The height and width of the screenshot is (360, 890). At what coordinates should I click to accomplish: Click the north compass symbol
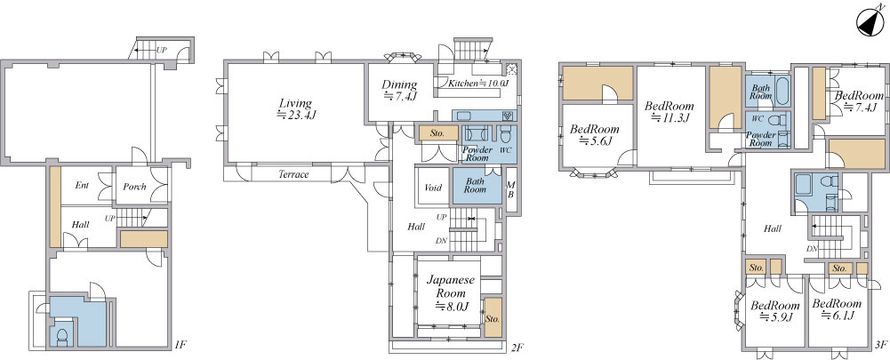point(871,23)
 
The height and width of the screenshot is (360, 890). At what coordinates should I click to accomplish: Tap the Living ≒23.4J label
point(295,109)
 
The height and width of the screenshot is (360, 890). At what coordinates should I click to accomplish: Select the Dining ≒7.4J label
point(400,91)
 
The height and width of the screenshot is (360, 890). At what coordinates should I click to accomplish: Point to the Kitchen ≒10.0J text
point(478,84)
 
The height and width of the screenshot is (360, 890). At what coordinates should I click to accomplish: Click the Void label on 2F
point(433,188)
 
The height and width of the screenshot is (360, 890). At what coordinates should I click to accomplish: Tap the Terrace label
point(293,174)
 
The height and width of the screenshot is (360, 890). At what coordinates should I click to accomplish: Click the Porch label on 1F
point(134,187)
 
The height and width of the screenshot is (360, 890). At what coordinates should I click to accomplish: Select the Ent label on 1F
point(83,185)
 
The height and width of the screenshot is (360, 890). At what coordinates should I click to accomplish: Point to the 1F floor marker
point(180,344)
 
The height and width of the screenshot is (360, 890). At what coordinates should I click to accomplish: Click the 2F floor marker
point(516,345)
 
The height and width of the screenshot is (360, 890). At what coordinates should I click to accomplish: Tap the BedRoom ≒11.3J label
point(670,112)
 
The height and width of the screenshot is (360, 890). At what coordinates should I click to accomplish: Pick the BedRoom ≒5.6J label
point(594,135)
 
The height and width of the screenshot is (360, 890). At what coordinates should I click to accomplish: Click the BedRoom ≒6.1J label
point(837,309)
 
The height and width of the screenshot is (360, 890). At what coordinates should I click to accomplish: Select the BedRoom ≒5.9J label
point(774,311)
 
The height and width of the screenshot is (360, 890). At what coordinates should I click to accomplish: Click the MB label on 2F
point(511,190)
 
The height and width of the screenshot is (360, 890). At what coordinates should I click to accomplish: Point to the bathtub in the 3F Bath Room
point(782,91)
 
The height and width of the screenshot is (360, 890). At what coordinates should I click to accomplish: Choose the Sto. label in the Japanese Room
point(493,318)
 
